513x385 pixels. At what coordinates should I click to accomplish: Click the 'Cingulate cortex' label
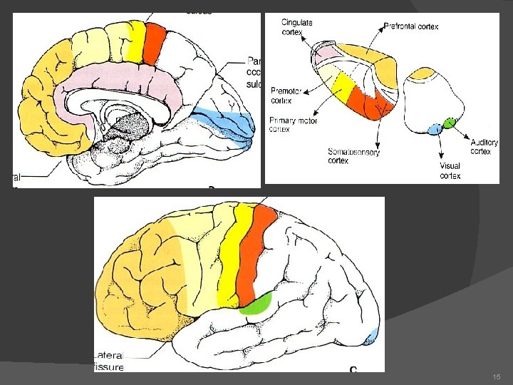(296, 28)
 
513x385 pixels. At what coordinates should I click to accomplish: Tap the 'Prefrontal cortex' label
(411, 26)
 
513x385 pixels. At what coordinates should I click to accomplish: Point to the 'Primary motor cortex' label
(293, 125)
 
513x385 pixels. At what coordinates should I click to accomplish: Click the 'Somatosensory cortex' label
(353, 156)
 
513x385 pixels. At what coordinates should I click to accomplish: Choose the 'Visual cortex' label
(450, 171)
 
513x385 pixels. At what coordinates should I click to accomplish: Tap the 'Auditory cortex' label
(484, 147)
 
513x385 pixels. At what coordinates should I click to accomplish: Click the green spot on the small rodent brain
(448, 123)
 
